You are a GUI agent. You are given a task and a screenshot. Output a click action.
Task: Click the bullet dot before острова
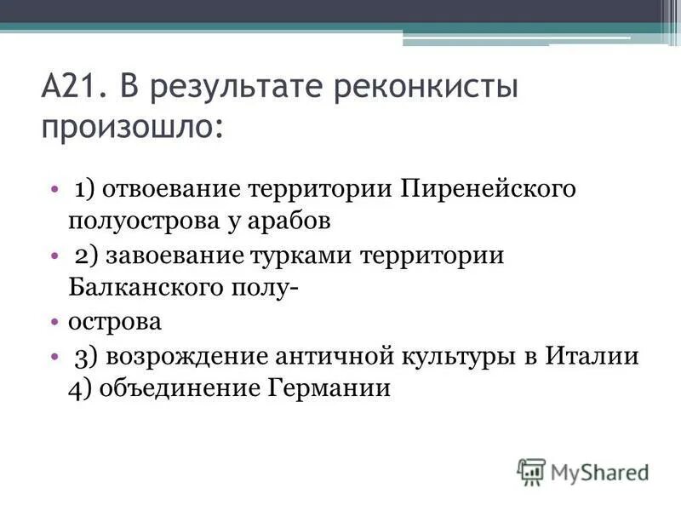point(54,323)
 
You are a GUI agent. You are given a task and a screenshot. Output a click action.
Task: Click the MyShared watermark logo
point(582,471)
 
